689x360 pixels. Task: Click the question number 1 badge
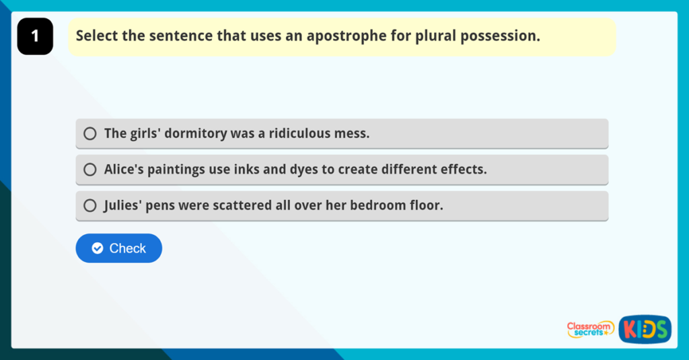coord(34,36)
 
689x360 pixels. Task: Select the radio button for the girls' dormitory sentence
coord(90,134)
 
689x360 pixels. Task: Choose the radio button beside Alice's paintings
coord(90,170)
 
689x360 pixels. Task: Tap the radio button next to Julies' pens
coord(90,206)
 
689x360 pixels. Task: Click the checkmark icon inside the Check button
coord(98,248)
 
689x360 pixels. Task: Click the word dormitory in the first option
coord(194,134)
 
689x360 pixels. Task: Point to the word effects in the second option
coord(465,170)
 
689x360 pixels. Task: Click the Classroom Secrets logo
coord(589,329)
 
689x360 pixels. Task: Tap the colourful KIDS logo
coord(645,329)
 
